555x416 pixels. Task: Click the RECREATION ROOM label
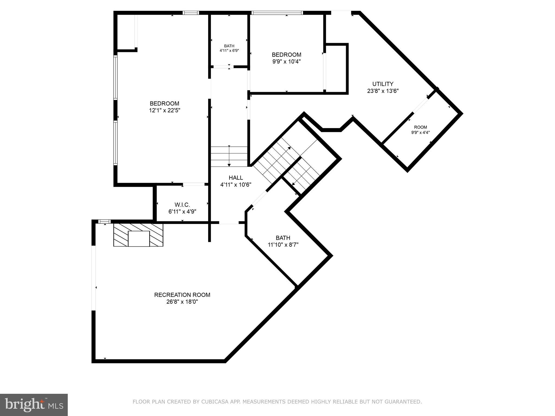[x=182, y=295]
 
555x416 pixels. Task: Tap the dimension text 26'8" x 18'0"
[x=182, y=302]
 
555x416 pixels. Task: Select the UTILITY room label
[x=383, y=84]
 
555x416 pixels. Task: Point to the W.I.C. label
[x=182, y=205]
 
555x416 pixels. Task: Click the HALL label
[x=236, y=178]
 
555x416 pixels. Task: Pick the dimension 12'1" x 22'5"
[x=164, y=110]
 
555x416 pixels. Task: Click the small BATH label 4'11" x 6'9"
[x=229, y=48]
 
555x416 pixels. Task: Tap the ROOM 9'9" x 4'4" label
[x=420, y=129]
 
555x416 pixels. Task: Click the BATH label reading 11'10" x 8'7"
[x=283, y=241]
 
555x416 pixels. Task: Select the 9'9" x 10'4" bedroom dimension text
[x=286, y=61]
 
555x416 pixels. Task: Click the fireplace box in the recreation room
[x=138, y=239]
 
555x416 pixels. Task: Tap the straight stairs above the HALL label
[x=229, y=156]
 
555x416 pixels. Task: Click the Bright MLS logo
[x=34, y=405]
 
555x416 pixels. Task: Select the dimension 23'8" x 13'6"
[x=383, y=91]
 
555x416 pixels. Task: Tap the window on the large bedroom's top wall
[x=191, y=13]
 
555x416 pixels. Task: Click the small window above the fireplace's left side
[x=104, y=222]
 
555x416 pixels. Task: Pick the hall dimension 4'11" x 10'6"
[x=236, y=185]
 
